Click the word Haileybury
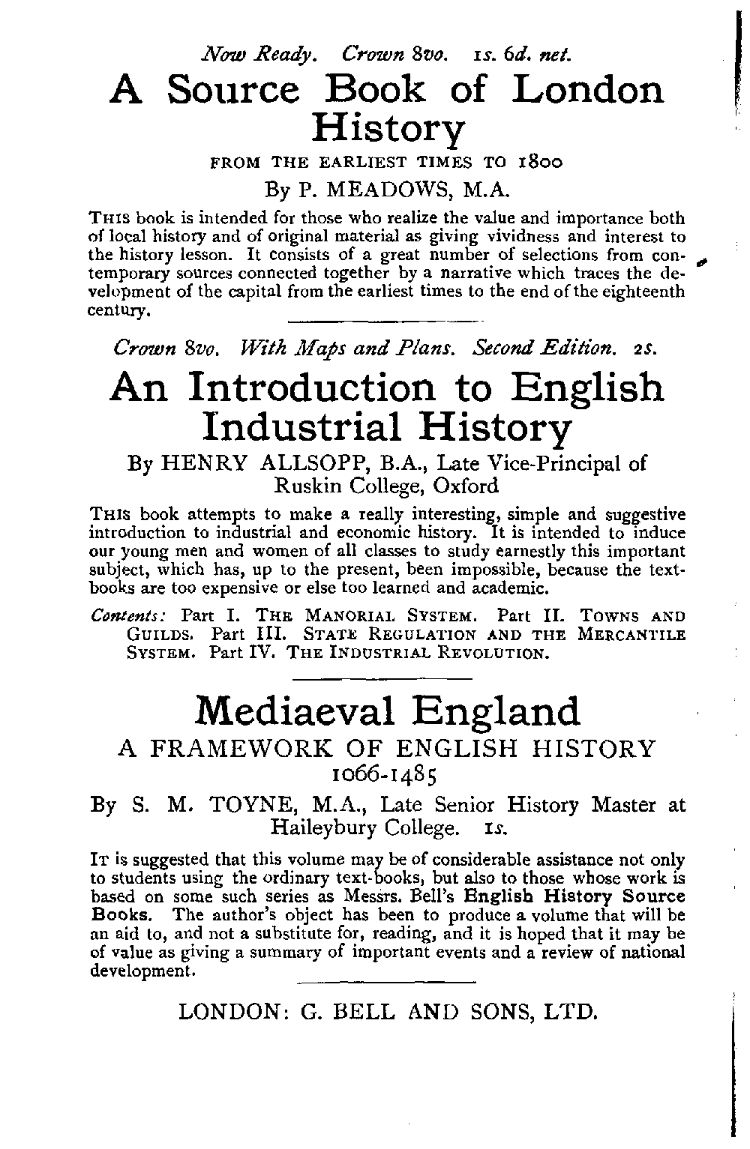coord(325,829)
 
